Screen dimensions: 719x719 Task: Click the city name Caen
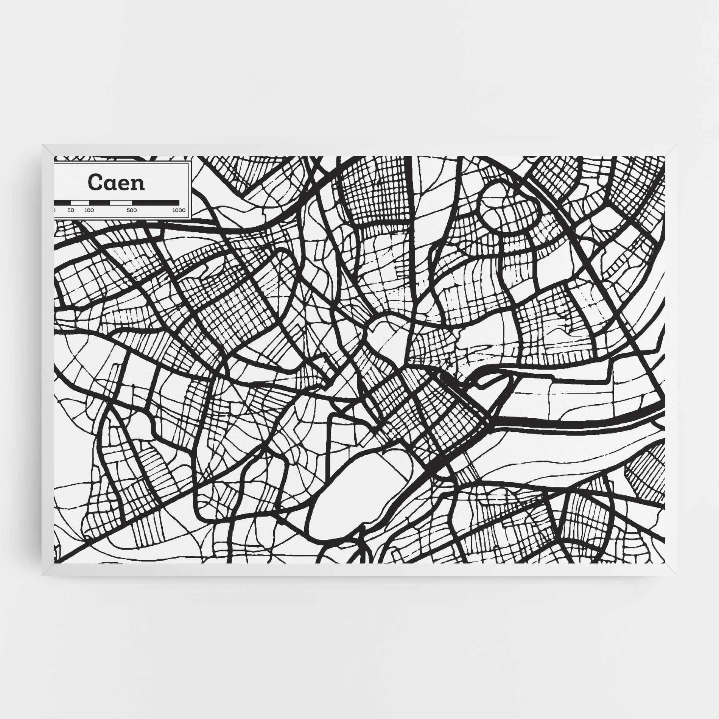coord(116,183)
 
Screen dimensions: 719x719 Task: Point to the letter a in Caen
coord(110,184)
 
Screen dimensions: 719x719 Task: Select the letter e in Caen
coord(124,184)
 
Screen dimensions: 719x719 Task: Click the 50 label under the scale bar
coord(71,210)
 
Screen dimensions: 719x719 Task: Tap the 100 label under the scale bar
coord(89,210)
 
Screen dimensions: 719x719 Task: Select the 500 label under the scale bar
coord(132,210)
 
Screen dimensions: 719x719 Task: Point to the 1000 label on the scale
coord(179,210)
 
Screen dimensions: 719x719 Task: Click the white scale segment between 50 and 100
coord(80,203)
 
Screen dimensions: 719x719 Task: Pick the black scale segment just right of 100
coord(99,203)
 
